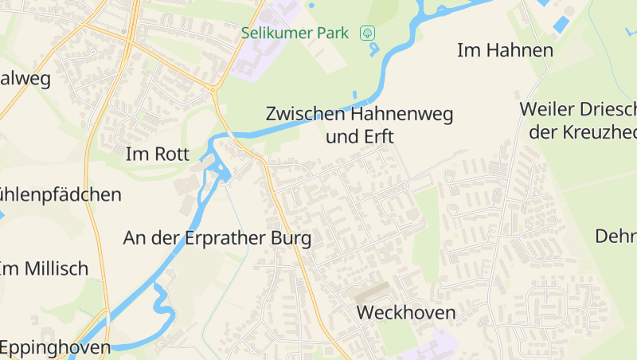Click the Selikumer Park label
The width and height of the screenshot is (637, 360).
295,33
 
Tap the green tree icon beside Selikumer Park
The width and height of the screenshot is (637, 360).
367,33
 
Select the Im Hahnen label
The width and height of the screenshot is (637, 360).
505,51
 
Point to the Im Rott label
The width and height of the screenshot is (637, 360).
158,155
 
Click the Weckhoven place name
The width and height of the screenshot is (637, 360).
406,312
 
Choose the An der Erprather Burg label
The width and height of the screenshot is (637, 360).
217,238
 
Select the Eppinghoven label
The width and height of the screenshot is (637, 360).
55,347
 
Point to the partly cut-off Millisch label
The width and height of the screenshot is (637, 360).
45,268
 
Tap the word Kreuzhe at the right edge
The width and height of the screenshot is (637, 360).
605,132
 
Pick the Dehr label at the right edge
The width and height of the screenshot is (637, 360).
616,237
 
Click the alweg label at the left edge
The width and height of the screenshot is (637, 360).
25,79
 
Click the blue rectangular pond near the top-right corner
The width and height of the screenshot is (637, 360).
561,25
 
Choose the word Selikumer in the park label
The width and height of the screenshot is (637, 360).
276,33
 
